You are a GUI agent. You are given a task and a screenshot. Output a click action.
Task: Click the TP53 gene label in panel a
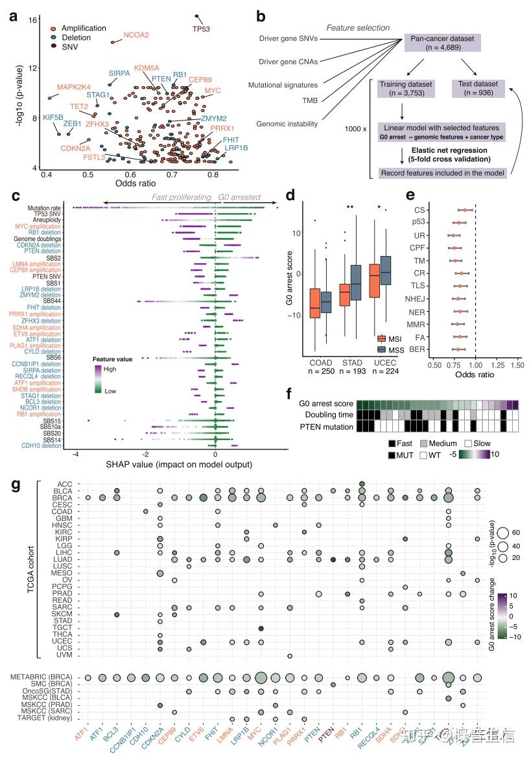(x=201, y=29)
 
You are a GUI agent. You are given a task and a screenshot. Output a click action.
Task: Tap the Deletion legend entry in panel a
(x=75, y=38)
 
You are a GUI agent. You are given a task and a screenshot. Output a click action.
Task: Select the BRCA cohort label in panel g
(x=64, y=498)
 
